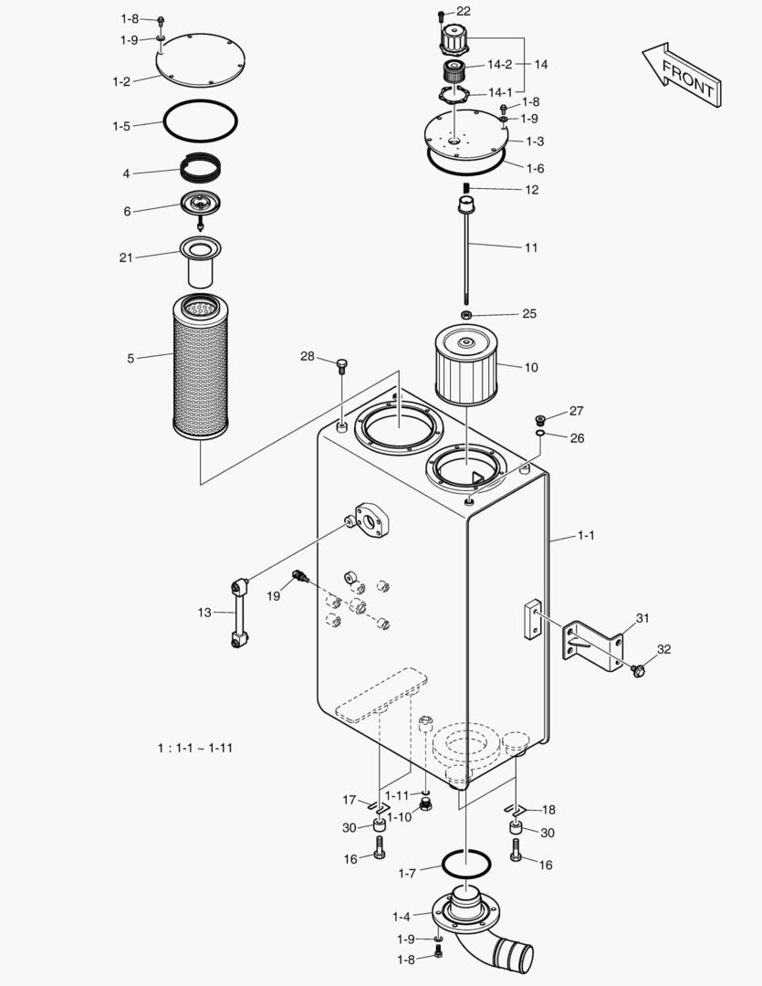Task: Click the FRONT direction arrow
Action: pyautogui.click(x=682, y=75)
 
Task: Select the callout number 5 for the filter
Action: pyautogui.click(x=130, y=359)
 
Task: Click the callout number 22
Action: pyautogui.click(x=464, y=11)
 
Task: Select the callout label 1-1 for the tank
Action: pyautogui.click(x=586, y=536)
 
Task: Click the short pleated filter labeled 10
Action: pyautogui.click(x=465, y=367)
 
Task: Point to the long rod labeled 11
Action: pyautogui.click(x=466, y=256)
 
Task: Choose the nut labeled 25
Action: pyautogui.click(x=466, y=315)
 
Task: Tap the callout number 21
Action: pyautogui.click(x=125, y=257)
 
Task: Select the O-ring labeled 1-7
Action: pyautogui.click(x=466, y=863)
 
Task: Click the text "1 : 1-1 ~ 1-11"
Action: pyautogui.click(x=195, y=748)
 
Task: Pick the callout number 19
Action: pyautogui.click(x=273, y=595)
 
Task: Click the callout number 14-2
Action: pyautogui.click(x=499, y=65)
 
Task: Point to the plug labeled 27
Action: pyautogui.click(x=542, y=418)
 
